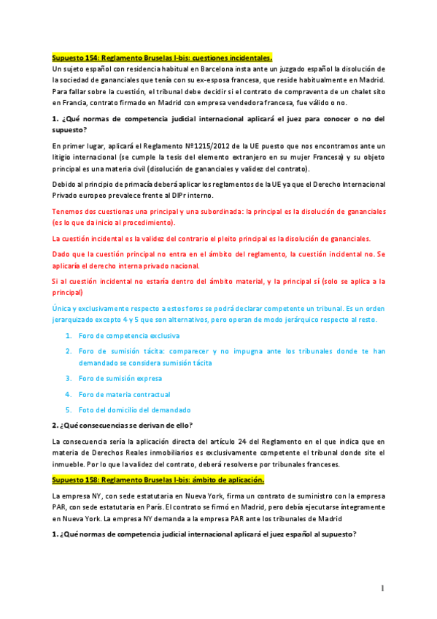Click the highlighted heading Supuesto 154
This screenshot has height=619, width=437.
(x=163, y=57)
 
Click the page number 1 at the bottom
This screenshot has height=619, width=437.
(x=382, y=588)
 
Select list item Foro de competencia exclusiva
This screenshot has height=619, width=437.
(x=129, y=336)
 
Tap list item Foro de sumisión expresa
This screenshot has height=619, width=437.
(x=120, y=378)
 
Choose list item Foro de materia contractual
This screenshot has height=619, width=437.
(x=124, y=394)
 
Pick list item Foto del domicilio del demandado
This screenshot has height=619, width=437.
(x=134, y=410)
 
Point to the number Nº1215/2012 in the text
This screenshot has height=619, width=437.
(x=221, y=146)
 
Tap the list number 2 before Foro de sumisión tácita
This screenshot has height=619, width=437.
(x=68, y=351)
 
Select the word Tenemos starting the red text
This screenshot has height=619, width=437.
(x=70, y=211)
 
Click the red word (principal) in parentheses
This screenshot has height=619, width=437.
(x=71, y=292)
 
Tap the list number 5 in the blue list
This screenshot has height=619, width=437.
(x=68, y=410)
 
